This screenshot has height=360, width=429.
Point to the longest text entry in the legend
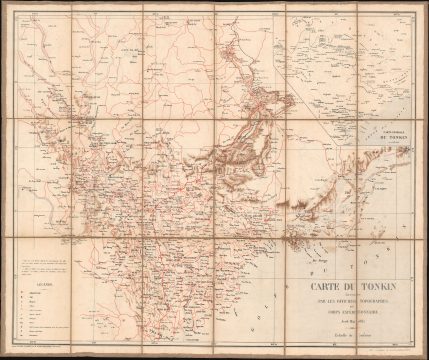tap(40, 318)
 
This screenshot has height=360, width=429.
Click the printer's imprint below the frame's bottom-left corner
tap(40, 346)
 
